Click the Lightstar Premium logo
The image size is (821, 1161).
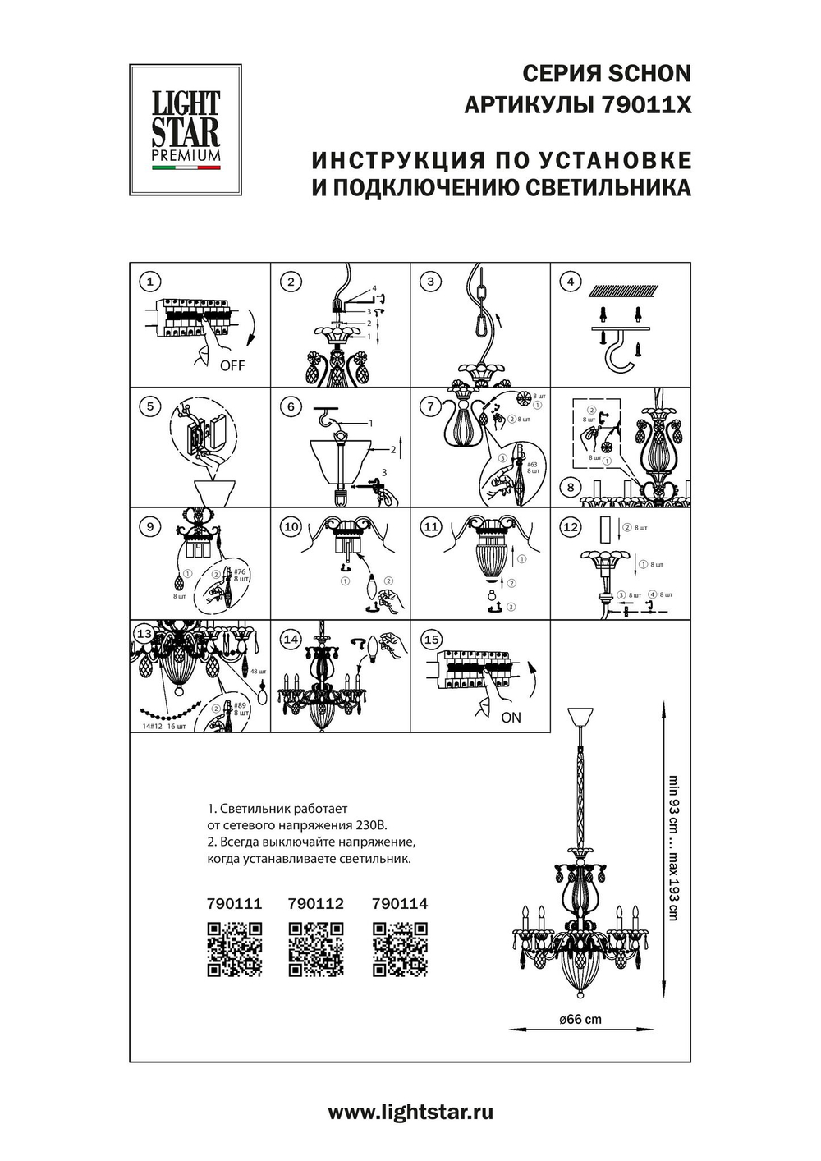[186, 130]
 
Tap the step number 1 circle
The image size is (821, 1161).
[149, 282]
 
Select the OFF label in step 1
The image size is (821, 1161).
[232, 365]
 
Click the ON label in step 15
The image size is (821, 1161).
[511, 718]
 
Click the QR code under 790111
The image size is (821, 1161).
[234, 949]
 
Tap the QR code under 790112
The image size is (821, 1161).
[316, 949]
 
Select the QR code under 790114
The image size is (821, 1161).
[400, 949]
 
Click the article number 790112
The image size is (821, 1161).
[316, 904]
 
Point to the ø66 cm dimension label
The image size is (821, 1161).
[580, 1020]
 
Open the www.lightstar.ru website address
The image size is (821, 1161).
[410, 1113]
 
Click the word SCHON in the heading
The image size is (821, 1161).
[649, 74]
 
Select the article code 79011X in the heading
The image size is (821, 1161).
[646, 106]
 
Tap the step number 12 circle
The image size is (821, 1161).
[571, 527]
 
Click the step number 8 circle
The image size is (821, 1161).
[571, 488]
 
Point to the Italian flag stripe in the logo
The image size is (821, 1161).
[186, 167]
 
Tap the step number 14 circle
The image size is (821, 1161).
[291, 640]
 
